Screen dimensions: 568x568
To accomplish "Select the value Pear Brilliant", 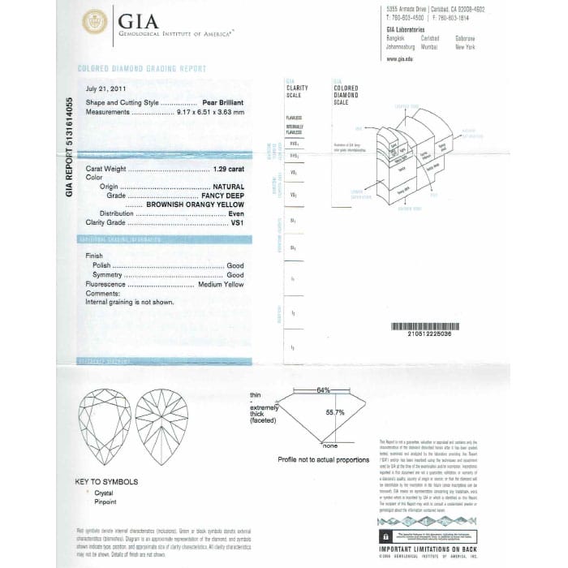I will tap(223, 104).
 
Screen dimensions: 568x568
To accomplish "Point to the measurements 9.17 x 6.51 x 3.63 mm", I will tap(210, 112).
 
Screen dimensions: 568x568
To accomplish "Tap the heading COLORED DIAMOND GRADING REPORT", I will tap(142, 70).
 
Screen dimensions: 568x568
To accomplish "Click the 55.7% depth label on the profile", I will tap(335, 412).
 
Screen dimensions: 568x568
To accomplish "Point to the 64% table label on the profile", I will tap(324, 390).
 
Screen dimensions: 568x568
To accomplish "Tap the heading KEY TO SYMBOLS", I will tap(107, 482).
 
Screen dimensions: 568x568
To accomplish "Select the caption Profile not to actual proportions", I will tap(323, 459).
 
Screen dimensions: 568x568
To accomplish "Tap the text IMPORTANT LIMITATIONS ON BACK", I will tap(428, 550).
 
